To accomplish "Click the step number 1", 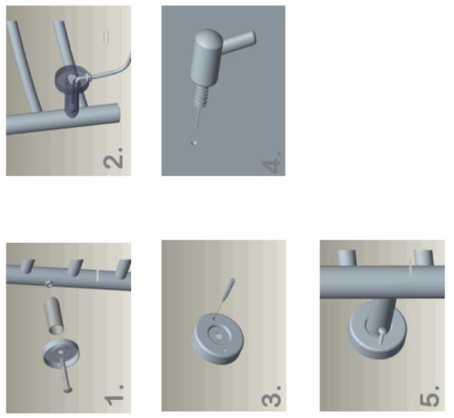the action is click(115, 395).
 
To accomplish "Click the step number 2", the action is click(113, 158).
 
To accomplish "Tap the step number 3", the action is click(271, 396).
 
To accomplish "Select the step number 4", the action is click(272, 163).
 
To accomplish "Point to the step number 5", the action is click(430, 396).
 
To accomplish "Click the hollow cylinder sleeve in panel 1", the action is click(54, 316).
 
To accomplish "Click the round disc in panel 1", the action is click(61, 353).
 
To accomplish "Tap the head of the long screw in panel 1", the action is click(68, 390).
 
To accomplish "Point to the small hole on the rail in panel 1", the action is click(48, 284).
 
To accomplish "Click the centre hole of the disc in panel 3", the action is click(219, 336).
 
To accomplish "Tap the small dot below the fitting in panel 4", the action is click(194, 143).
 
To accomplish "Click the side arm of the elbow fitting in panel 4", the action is click(239, 40).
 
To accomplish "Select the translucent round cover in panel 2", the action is click(72, 80).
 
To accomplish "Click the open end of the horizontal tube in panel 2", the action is click(115, 113).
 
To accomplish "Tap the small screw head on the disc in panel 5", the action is click(382, 330).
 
